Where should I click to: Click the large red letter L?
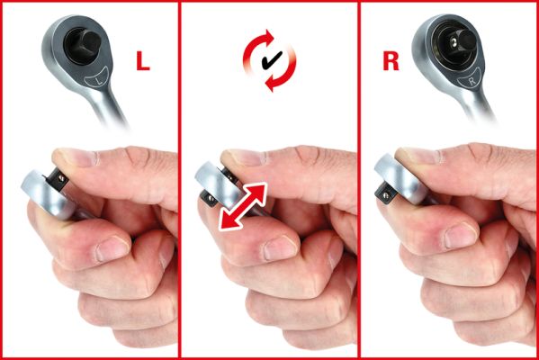[143, 62]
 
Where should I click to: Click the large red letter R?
[391, 61]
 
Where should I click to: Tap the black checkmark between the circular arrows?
[272, 60]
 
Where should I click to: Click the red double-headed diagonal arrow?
[243, 206]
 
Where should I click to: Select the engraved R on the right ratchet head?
[472, 81]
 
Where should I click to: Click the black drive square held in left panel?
[57, 179]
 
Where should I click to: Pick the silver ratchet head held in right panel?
[400, 178]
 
